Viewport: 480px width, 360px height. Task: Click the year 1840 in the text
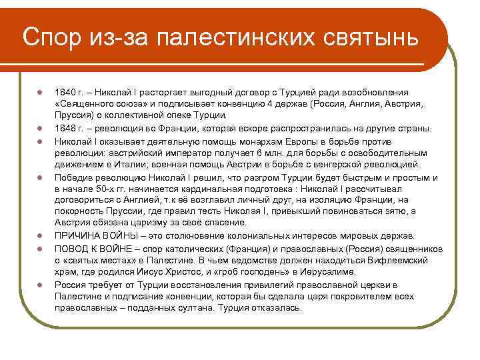[x=64, y=92]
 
